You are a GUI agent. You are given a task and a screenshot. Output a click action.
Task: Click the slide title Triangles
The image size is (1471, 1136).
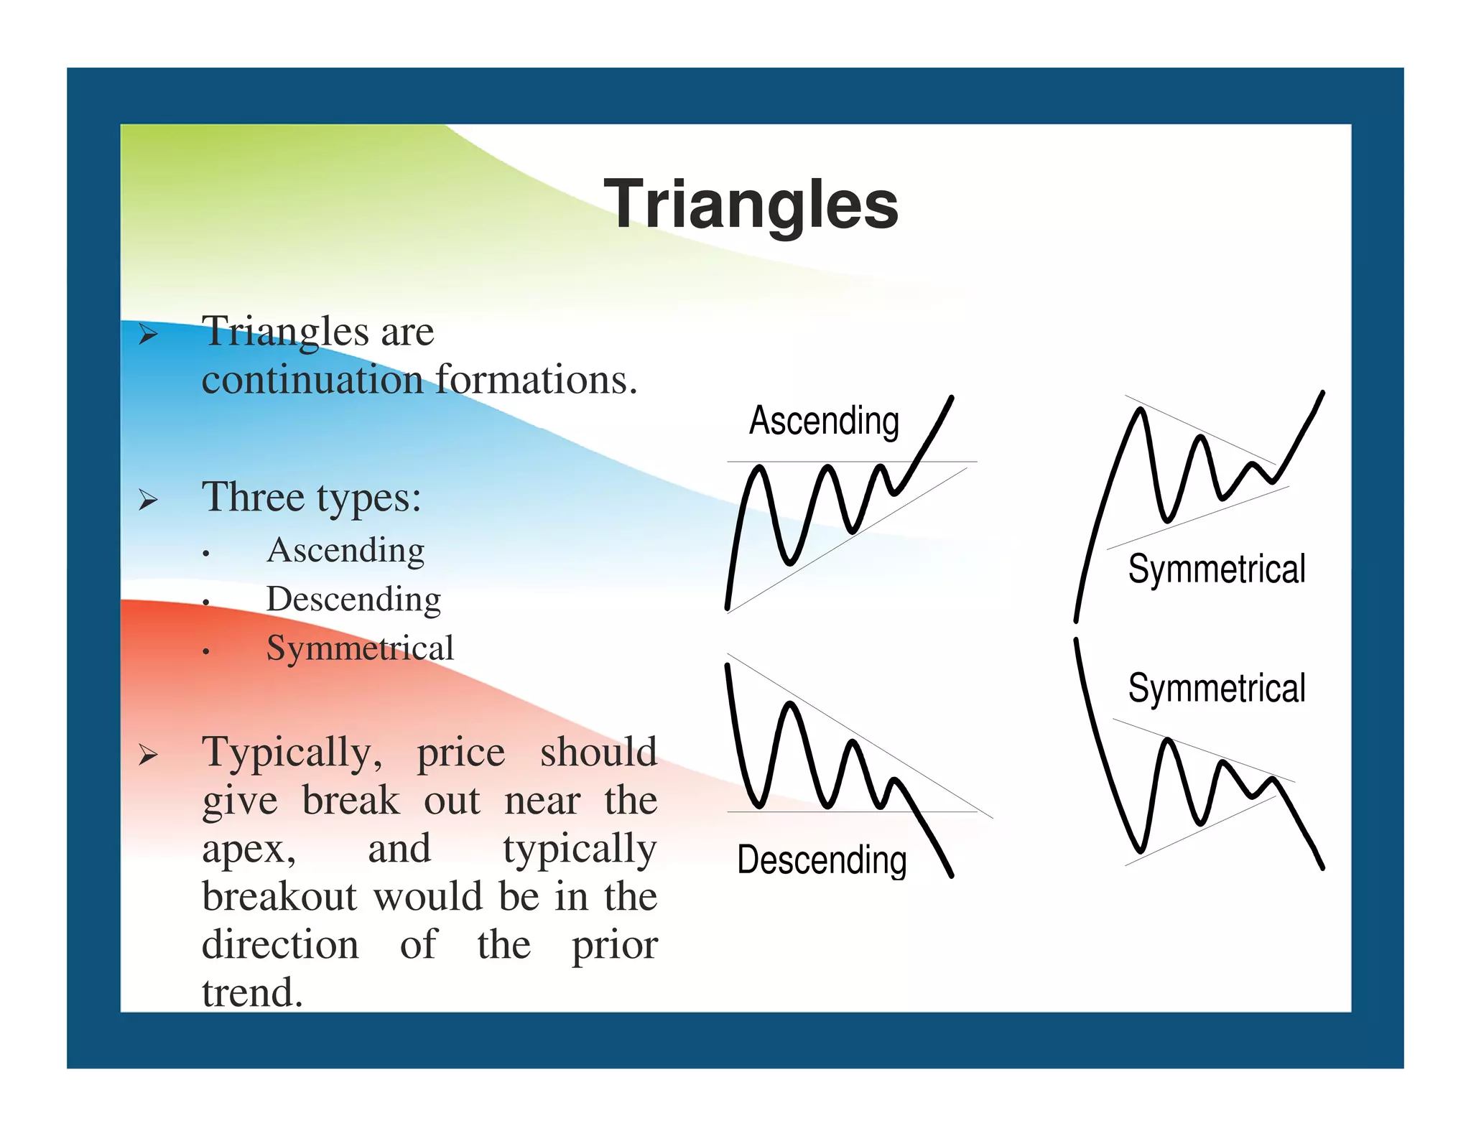point(751,205)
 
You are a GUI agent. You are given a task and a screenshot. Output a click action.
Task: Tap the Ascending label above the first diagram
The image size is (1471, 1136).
point(824,421)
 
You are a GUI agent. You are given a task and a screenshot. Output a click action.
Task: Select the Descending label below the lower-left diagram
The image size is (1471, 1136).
point(822,860)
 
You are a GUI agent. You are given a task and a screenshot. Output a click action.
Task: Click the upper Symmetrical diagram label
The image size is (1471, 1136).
point(1216,569)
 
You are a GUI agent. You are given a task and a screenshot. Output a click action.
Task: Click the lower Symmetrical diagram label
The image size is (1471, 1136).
point(1216,688)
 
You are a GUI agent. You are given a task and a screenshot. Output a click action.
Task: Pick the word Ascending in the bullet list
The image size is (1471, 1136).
point(345,551)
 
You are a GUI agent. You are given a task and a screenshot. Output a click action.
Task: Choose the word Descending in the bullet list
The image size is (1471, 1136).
point(353,600)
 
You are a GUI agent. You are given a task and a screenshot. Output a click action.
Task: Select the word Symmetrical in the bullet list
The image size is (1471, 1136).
point(360,648)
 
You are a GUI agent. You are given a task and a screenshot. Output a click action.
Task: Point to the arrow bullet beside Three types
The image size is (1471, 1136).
point(148,499)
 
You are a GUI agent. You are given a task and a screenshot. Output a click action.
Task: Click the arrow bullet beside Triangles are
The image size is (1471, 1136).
point(148,334)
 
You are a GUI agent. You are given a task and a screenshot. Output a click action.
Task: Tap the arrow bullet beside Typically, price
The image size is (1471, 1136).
point(148,754)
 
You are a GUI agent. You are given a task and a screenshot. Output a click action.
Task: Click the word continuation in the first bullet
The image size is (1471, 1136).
point(312,380)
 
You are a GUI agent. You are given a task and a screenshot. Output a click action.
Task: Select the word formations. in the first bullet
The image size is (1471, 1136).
point(536,380)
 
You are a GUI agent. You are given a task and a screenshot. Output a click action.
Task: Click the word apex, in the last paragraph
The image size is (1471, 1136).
point(249,850)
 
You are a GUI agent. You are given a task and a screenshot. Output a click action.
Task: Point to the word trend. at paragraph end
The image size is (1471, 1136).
point(252,993)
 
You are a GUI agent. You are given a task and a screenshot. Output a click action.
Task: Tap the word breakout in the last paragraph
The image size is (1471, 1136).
point(279,897)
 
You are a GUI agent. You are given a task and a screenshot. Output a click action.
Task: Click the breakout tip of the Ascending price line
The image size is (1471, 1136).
point(952,398)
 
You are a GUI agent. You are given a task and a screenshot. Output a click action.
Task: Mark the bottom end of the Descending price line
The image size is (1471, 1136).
point(951,875)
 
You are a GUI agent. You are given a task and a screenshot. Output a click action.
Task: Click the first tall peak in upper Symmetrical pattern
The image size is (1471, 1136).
point(1140,411)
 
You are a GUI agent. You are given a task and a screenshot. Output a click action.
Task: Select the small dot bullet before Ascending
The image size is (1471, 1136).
point(206,554)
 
